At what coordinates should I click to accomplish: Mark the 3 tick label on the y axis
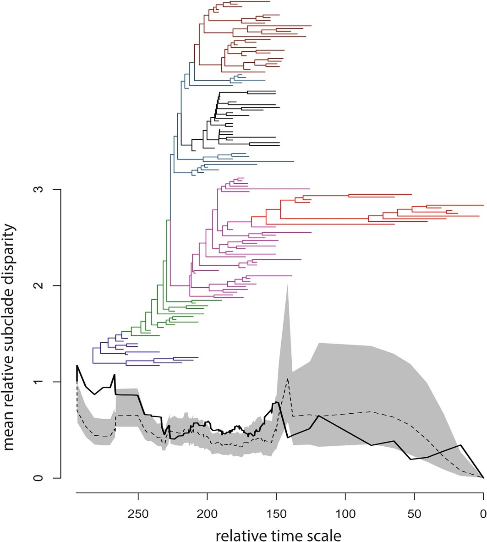coord(43,189)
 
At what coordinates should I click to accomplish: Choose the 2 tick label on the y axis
coord(43,285)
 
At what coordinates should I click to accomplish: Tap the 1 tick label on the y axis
coord(43,382)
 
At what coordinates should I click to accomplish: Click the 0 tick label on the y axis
coord(43,478)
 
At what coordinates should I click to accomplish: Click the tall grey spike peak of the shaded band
coord(287,285)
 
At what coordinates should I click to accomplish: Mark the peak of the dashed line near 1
coord(287,379)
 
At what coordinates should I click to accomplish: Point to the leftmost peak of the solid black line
coord(77,366)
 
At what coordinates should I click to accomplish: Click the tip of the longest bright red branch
coord(484,205)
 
